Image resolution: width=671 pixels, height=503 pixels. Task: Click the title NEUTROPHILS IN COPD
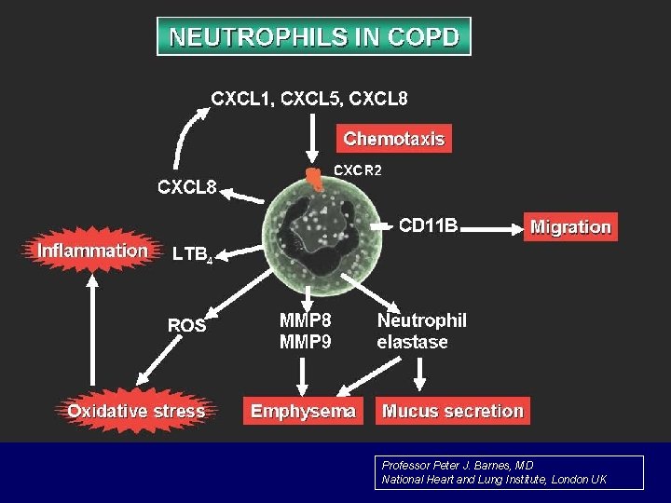coord(314,37)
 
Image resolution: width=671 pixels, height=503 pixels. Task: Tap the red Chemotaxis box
coord(393,139)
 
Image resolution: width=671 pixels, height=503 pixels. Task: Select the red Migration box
coord(570,227)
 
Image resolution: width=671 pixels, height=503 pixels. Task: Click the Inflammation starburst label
coord(92,251)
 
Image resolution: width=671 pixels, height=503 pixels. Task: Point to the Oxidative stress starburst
coord(136,411)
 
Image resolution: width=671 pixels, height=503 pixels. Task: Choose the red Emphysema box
coord(303,411)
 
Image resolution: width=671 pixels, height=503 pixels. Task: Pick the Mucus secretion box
coord(453,411)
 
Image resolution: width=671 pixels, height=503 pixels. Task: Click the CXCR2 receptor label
coord(358,170)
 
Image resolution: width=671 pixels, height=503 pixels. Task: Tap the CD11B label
coord(429,225)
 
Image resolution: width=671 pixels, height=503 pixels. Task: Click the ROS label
coord(186,325)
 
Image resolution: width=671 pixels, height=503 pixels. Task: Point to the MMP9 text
coord(305,342)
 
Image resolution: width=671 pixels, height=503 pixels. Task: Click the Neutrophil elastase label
coord(421,331)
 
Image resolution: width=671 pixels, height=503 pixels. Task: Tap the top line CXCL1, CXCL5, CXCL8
coord(309,97)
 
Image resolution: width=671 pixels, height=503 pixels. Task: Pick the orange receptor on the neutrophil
coord(316,179)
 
